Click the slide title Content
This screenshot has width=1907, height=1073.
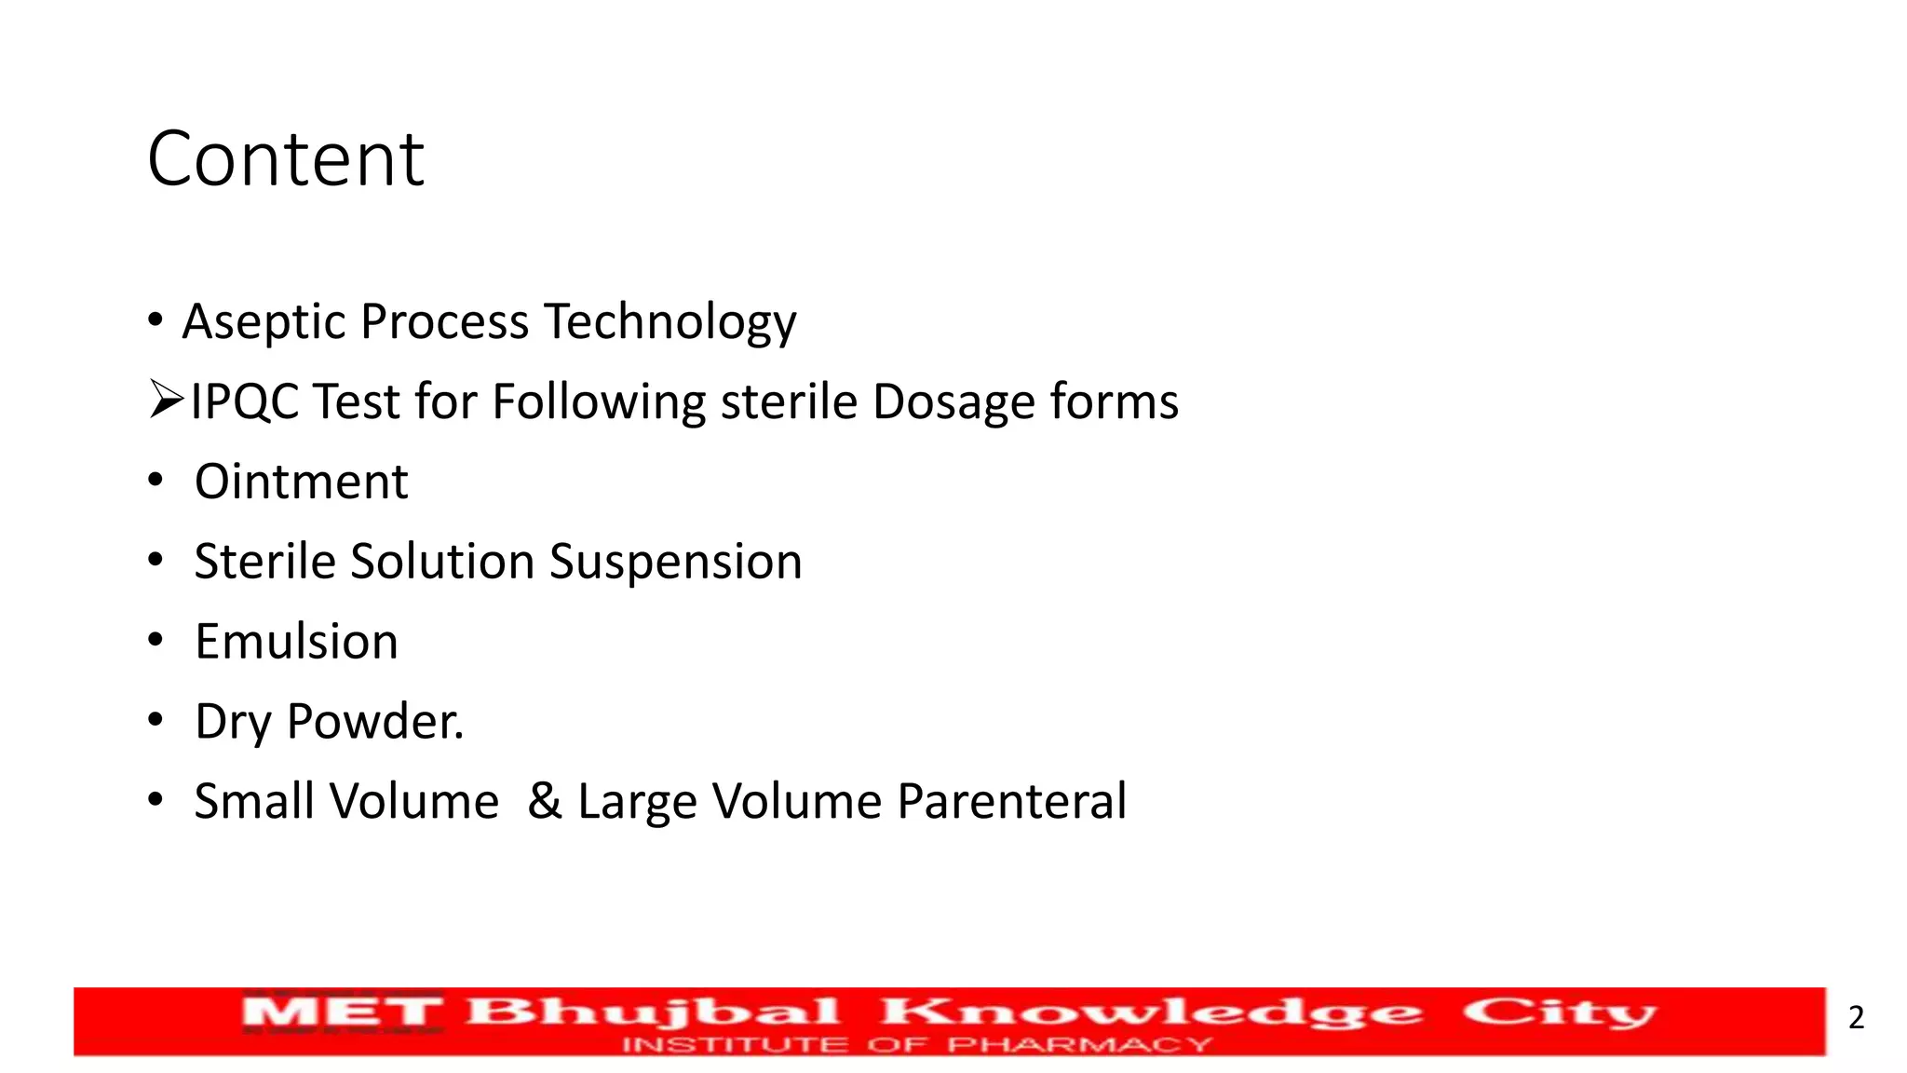tap(286, 159)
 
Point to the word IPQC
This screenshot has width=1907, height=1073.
tap(245, 402)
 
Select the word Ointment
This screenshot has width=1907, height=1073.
tap(301, 482)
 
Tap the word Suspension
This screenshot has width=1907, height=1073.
tap(675, 563)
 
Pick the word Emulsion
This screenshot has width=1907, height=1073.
tap(296, 642)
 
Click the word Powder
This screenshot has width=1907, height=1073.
tap(374, 722)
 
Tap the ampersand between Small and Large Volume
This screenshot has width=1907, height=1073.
tap(545, 801)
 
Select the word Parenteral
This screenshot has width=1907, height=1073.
tap(1011, 801)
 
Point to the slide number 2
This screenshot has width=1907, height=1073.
tap(1856, 1017)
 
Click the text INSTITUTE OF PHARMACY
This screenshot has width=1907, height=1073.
tap(917, 1045)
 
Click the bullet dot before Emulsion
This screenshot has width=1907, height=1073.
tap(156, 641)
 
